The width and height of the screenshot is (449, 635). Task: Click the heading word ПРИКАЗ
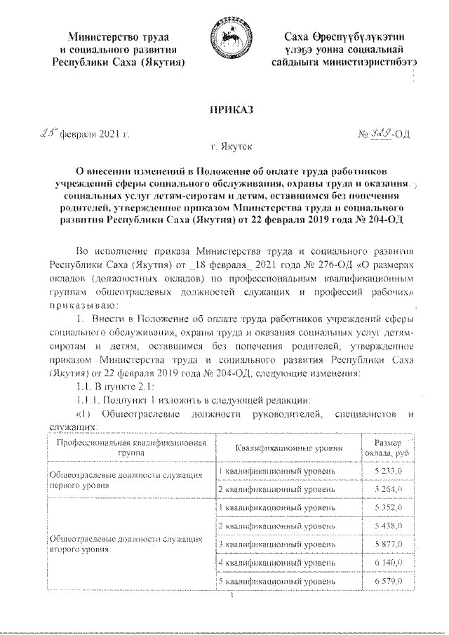[x=224, y=110]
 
